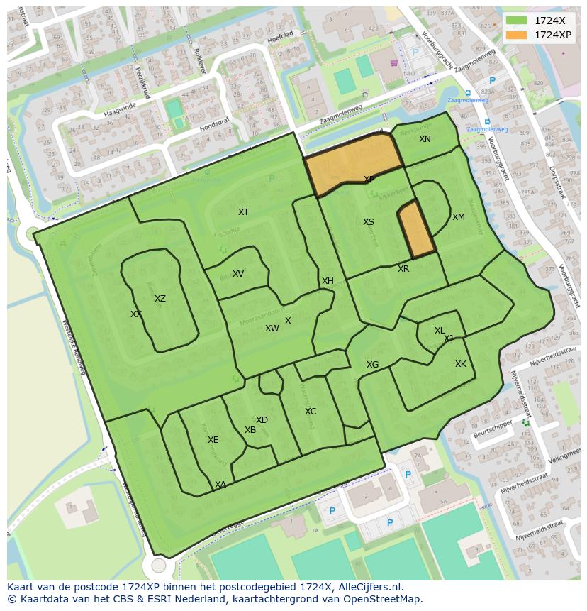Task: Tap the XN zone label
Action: pyautogui.click(x=425, y=139)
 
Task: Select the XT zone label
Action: pyautogui.click(x=243, y=212)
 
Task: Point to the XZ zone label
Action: pyautogui.click(x=160, y=299)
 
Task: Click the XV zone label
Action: pyautogui.click(x=238, y=274)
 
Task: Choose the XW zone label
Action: pyautogui.click(x=272, y=329)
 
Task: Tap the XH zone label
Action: pyautogui.click(x=328, y=281)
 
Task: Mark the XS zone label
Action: pyautogui.click(x=369, y=222)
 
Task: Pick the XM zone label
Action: pyautogui.click(x=459, y=217)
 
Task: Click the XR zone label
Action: pyautogui.click(x=403, y=269)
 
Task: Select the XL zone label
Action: pyautogui.click(x=440, y=331)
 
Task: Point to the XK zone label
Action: pyautogui.click(x=461, y=364)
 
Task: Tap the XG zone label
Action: pyautogui.click(x=372, y=365)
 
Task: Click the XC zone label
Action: pyautogui.click(x=311, y=412)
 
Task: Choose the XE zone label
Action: pyautogui.click(x=213, y=440)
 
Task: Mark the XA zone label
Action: pyautogui.click(x=220, y=485)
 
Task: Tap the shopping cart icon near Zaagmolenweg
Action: pyautogui.click(x=394, y=62)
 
